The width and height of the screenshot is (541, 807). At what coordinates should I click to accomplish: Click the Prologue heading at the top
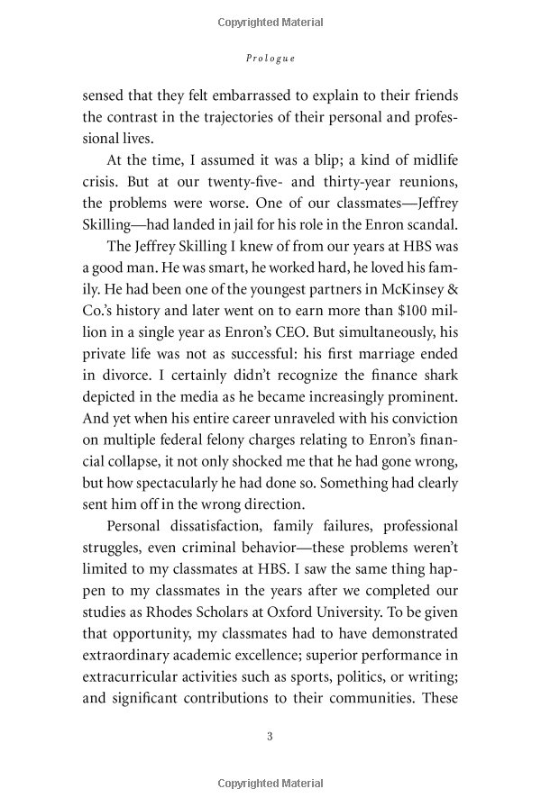tap(270, 58)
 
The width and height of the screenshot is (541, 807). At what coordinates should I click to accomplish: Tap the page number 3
tap(270, 737)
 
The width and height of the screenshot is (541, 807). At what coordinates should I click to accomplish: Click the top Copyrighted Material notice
tap(270, 23)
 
